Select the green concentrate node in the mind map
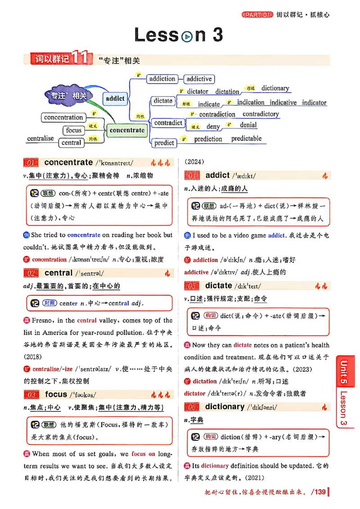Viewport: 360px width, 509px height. pos(127,130)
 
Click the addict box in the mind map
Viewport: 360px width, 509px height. pos(115,98)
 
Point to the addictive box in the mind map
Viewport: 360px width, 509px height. pos(199,79)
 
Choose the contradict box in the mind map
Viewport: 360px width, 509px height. pos(168,123)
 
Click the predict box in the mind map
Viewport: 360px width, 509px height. pos(164,143)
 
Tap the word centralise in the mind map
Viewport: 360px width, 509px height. pos(40,138)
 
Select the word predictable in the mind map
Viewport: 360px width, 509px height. pos(246,138)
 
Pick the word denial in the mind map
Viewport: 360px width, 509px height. pos(248,125)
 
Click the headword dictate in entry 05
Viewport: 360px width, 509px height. pos(218,286)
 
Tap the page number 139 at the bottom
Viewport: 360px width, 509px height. pos(320,492)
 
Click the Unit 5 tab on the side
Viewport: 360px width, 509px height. pos(344,373)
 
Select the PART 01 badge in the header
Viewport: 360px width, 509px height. pos(257,15)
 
